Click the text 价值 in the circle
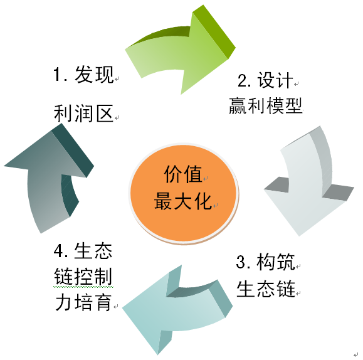click(x=183, y=174)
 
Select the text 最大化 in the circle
click(x=183, y=201)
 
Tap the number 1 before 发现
click(x=57, y=74)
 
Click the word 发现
click(x=94, y=74)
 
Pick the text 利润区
click(x=83, y=114)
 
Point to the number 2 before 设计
click(x=242, y=80)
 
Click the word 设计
click(x=275, y=80)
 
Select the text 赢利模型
click(x=266, y=105)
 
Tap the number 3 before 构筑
click(x=241, y=262)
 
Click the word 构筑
click(x=275, y=262)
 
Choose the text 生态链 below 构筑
click(x=266, y=289)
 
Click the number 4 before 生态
click(x=58, y=251)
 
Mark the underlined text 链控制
click(x=83, y=277)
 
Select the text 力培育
click(x=83, y=302)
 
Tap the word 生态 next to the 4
click(x=93, y=251)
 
